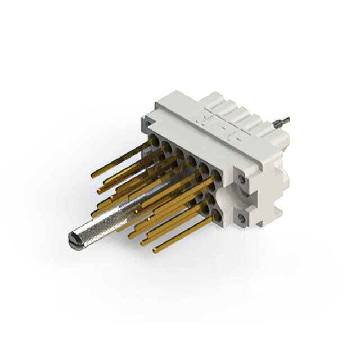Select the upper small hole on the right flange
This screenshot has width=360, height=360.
coord(241,178)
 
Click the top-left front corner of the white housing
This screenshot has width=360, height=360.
coord(145,116)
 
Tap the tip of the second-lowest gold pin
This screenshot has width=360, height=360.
coord(143,243)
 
